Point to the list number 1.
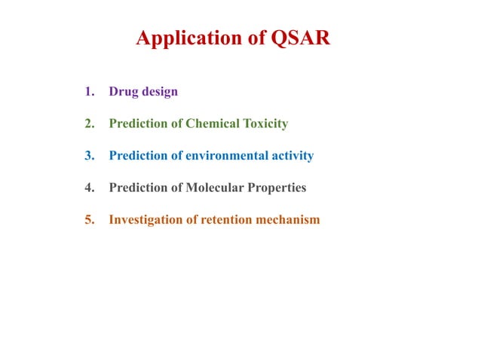89,92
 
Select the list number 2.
89,124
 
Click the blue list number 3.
89,156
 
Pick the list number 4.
89,188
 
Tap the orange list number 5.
89,220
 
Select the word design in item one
160,92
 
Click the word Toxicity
264,124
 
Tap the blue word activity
293,156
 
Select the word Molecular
212,188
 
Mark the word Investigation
145,220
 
